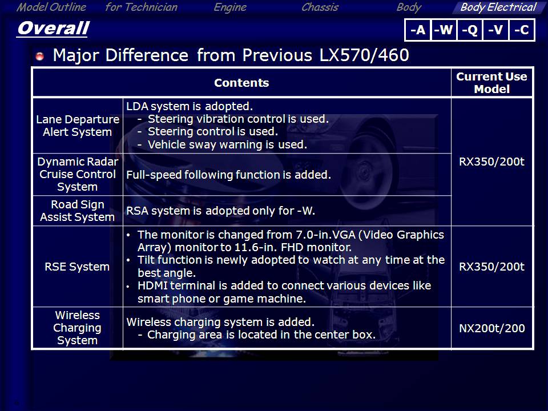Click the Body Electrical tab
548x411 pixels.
click(498, 7)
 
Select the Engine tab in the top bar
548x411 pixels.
click(230, 7)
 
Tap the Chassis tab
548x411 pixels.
click(320, 7)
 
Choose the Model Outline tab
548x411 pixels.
click(51, 7)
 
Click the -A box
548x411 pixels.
click(418, 30)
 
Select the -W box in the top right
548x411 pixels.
click(444, 30)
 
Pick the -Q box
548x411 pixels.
click(470, 30)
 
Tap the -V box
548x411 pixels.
click(495, 30)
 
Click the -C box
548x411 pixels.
click(521, 30)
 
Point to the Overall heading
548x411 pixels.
click(53, 28)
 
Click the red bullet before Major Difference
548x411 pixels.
click(40, 56)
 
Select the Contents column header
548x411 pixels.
click(241, 83)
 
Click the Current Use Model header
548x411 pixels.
click(491, 83)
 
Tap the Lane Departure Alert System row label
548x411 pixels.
click(78, 126)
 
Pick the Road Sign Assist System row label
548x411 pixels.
click(77, 211)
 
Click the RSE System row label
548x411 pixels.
click(77, 267)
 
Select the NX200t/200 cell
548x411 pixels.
click(491, 328)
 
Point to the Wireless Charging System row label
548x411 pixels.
click(77, 328)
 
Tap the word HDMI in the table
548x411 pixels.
click(153, 285)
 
